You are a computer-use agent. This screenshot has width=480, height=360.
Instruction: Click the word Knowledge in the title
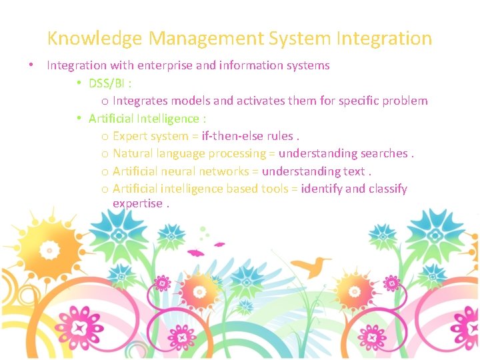click(95, 39)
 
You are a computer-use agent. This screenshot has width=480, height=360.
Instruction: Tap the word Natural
click(133, 153)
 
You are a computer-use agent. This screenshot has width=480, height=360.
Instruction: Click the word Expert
click(130, 136)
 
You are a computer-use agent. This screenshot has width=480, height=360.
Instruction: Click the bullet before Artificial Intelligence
click(79, 119)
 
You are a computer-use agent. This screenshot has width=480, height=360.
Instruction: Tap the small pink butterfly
click(195, 253)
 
